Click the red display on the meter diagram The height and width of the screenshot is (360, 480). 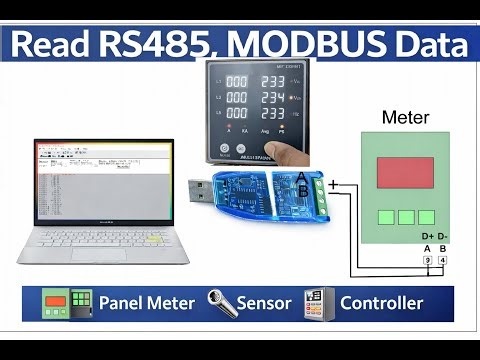(x=405, y=174)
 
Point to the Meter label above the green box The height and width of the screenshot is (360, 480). (x=406, y=118)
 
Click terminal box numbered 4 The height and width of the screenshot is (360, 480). (x=442, y=262)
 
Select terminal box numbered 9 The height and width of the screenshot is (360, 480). (x=427, y=262)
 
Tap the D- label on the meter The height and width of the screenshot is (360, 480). (x=443, y=237)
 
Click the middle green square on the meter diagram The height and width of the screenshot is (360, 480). (x=404, y=217)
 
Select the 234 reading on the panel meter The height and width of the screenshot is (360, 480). (x=273, y=99)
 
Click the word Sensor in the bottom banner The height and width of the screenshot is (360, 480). (x=264, y=303)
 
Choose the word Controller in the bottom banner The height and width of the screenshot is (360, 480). (x=381, y=303)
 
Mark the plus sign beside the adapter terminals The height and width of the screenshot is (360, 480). (x=333, y=184)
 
